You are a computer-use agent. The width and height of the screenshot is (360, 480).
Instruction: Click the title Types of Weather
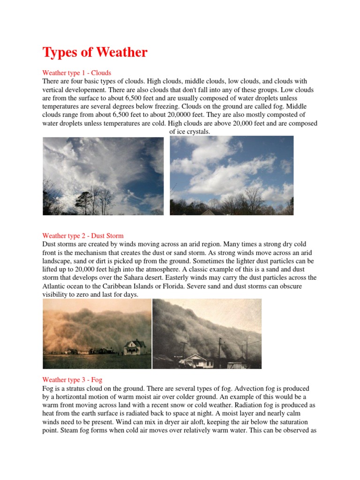tap(95, 52)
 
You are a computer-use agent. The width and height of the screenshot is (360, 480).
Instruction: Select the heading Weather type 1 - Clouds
tap(76, 73)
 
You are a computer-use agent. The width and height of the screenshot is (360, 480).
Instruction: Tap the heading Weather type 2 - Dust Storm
tap(82, 235)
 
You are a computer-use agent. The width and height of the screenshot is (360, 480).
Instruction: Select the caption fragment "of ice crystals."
tap(189, 132)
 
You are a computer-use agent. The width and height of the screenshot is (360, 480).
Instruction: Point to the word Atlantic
tap(55, 286)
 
